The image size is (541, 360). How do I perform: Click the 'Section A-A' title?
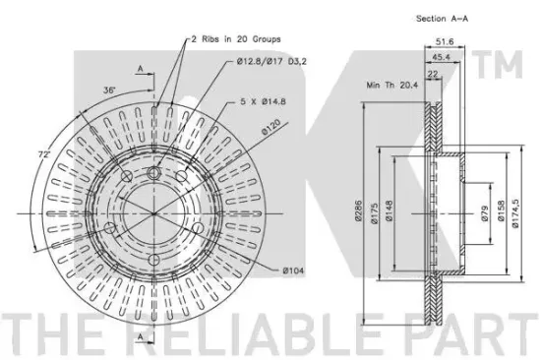click(442, 19)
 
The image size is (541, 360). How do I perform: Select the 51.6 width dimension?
click(445, 41)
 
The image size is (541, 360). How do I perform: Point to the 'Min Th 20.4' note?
click(391, 85)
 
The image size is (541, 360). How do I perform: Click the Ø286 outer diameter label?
click(358, 211)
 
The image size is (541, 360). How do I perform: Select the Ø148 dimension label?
click(390, 211)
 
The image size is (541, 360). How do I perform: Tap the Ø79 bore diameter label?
click(484, 213)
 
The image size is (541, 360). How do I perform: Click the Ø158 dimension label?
click(501, 210)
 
